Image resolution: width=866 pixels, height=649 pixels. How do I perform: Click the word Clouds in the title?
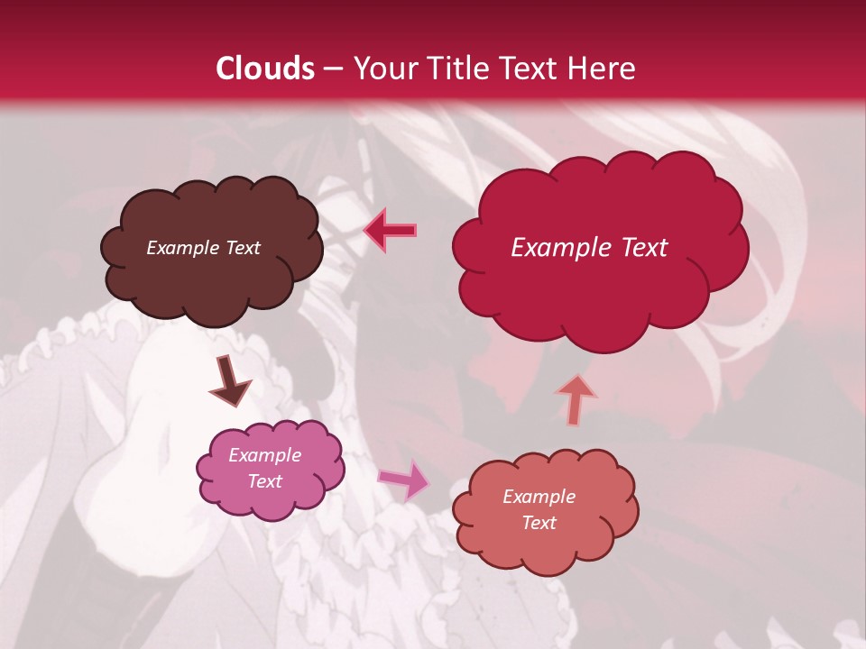[264, 69]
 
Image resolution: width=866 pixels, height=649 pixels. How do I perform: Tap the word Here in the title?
[602, 69]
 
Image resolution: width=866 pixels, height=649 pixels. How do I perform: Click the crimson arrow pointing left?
[391, 230]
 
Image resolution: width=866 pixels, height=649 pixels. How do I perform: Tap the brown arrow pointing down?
[229, 379]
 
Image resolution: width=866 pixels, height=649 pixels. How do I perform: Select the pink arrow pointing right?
[405, 479]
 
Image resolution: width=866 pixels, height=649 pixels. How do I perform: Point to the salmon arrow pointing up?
[576, 399]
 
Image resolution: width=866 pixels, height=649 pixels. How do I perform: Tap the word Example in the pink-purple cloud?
[265, 455]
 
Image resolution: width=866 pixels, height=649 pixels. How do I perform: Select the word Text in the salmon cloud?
[539, 523]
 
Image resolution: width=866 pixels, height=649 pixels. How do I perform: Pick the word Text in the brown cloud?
[242, 248]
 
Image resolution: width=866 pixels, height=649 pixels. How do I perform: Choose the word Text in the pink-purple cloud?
[265, 481]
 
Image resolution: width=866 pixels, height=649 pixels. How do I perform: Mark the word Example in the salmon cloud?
[539, 497]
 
